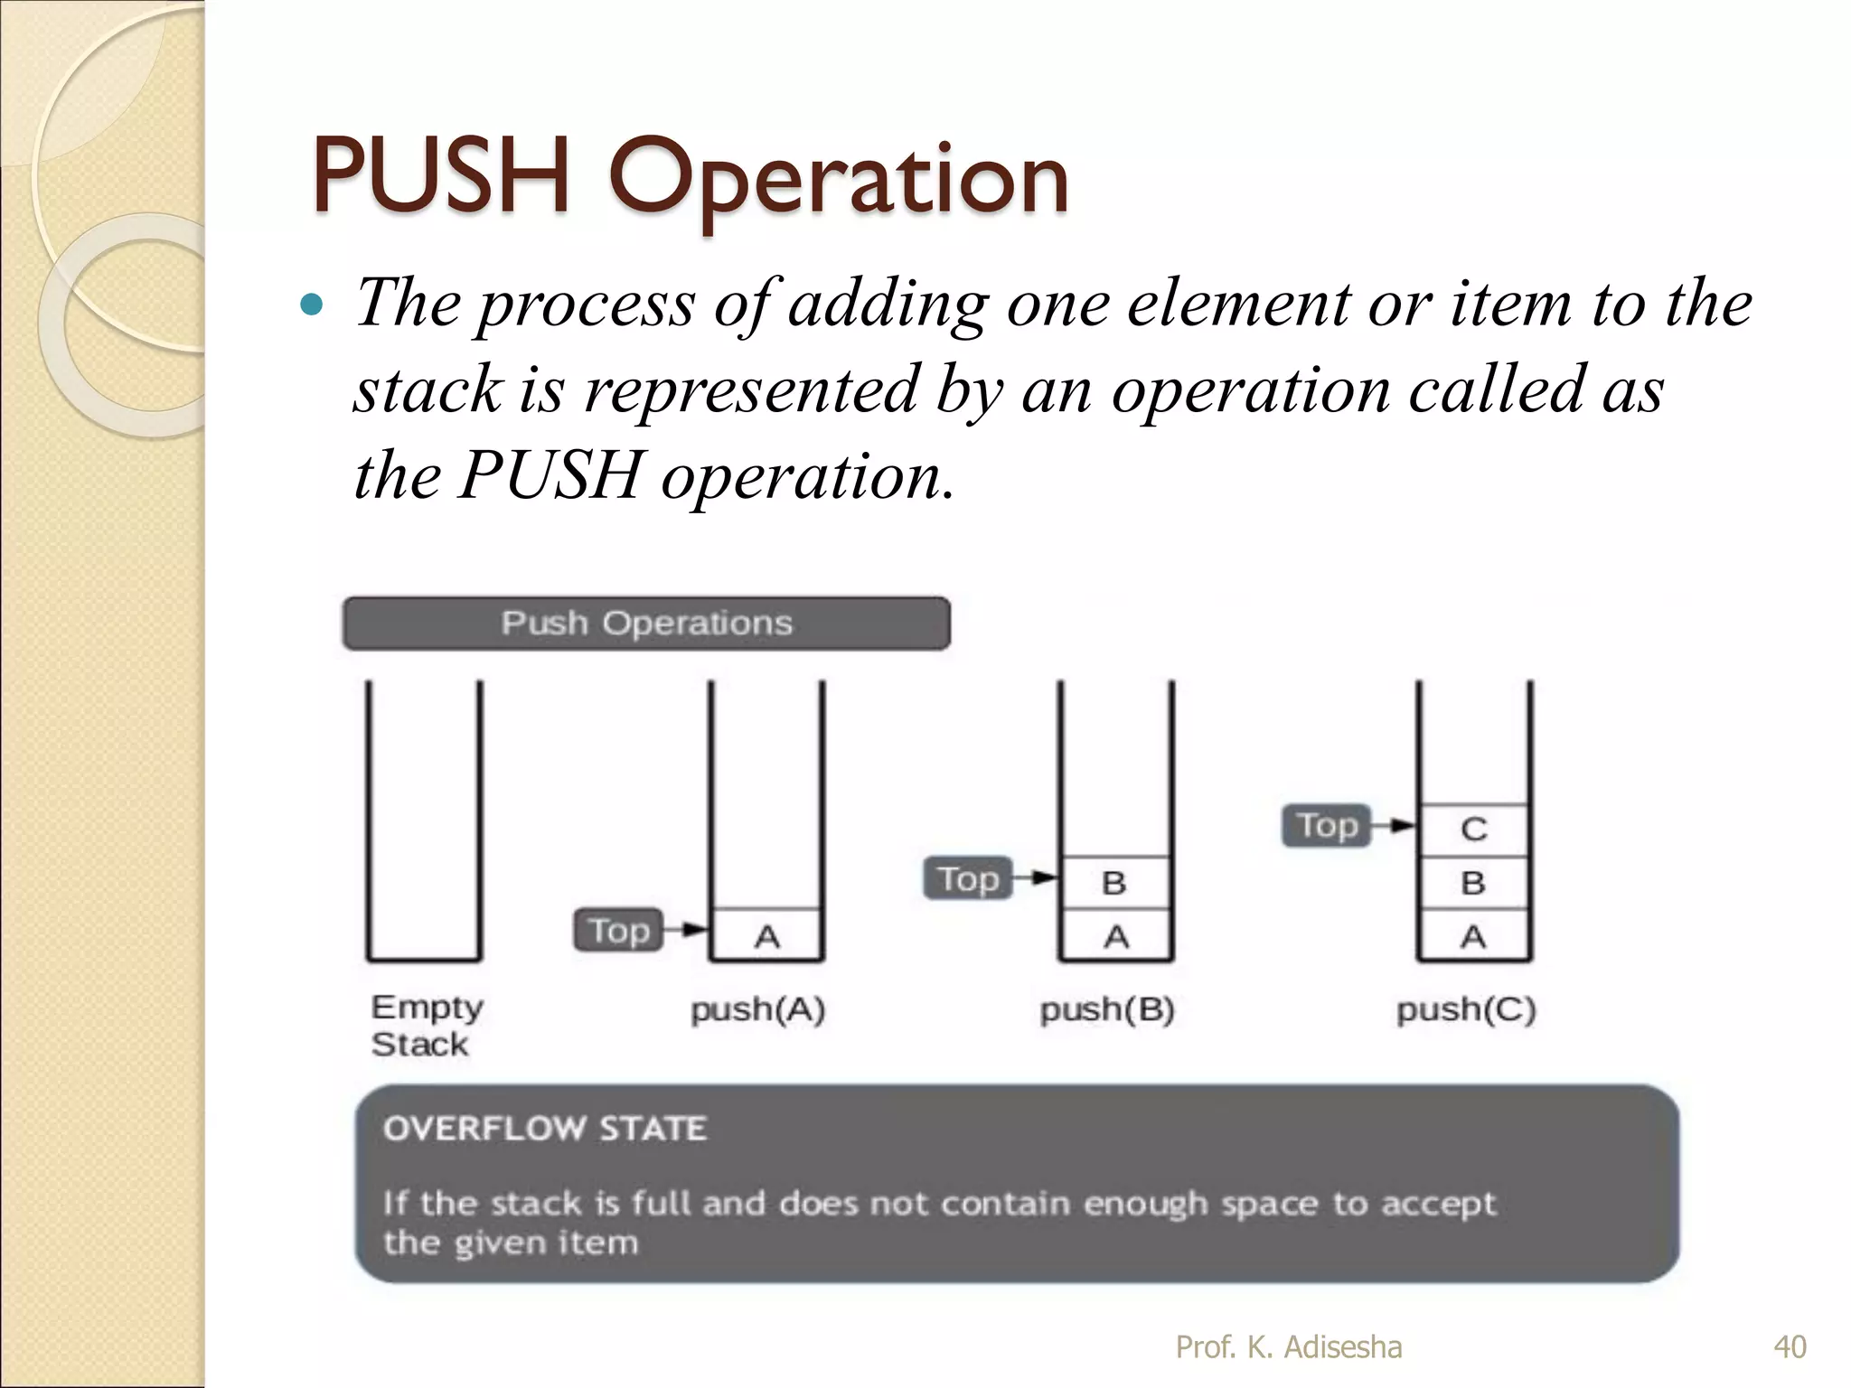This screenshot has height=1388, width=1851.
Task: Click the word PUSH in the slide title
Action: (441, 177)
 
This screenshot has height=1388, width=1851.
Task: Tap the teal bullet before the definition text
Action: (311, 305)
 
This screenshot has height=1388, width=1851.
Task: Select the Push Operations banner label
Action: (646, 624)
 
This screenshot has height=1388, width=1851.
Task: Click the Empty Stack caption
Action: (427, 1026)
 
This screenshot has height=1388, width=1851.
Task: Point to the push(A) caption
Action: (758, 1009)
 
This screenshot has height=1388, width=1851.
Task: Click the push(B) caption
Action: (1107, 1009)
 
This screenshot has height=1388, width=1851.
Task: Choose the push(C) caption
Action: (1466, 1009)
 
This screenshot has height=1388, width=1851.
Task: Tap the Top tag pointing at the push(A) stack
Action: (619, 930)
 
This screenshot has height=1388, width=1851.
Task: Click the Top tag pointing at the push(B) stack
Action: (968, 878)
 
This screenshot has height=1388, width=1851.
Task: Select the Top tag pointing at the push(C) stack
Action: (1327, 825)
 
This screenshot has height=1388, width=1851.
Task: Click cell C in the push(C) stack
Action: (1473, 830)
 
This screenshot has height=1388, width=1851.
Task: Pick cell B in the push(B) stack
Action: (1114, 883)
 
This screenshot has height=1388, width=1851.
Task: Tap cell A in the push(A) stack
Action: (766, 936)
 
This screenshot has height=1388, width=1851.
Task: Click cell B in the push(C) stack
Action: (1473, 883)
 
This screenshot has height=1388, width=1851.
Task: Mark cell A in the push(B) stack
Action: (1116, 936)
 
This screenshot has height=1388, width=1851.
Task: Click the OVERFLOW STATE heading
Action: (545, 1129)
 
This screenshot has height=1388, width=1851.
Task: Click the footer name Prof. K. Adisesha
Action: (1289, 1346)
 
